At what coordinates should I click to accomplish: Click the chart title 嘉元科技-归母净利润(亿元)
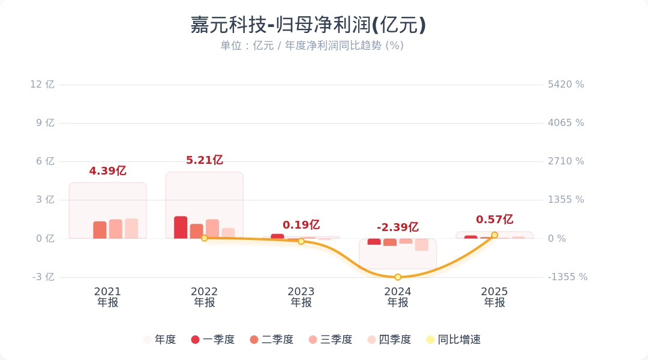[308, 25]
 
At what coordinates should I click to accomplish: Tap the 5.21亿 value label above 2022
[204, 160]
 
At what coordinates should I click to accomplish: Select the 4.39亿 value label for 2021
[107, 171]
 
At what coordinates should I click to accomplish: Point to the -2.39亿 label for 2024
[397, 227]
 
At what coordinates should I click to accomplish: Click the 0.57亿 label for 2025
[494, 220]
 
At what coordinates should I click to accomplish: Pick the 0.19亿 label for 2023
[301, 225]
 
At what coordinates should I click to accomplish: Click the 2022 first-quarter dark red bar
[181, 227]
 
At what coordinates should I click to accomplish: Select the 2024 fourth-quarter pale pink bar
[422, 245]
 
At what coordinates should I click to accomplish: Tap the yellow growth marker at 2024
[398, 277]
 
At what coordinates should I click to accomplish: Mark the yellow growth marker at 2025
[494, 235]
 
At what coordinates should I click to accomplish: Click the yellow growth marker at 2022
[204, 238]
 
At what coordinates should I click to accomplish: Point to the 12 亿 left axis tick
[42, 85]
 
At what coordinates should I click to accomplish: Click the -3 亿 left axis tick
[42, 277]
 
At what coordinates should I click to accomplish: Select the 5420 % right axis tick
[566, 85]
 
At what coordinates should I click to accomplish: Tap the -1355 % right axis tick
[568, 277]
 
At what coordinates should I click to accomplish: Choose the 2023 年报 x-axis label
[301, 297]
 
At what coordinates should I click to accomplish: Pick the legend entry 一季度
[212, 340]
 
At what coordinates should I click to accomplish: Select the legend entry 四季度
[389, 340]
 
